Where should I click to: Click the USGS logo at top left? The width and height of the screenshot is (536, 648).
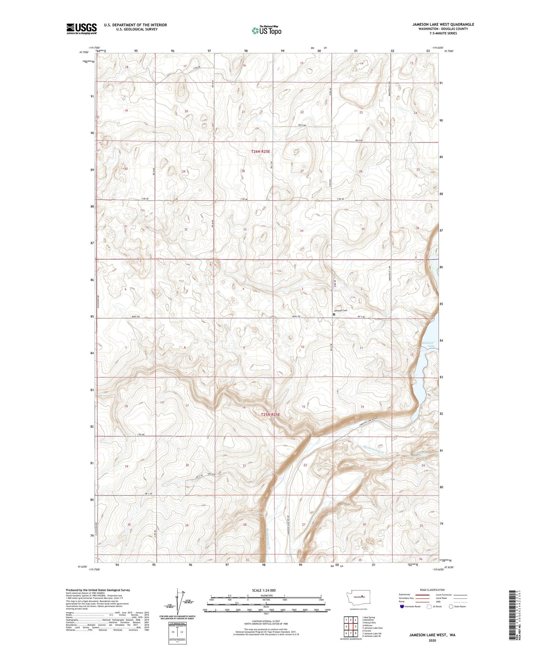point(81,29)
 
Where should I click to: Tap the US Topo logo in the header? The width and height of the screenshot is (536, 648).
point(266,31)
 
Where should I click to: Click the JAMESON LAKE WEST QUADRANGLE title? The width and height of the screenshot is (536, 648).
point(443,24)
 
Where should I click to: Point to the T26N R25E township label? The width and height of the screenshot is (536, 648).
point(260,152)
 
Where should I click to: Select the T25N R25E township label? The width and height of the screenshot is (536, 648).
point(271,415)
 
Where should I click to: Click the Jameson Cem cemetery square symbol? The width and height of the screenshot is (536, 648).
point(334,315)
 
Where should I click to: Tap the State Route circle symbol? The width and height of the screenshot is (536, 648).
point(451,607)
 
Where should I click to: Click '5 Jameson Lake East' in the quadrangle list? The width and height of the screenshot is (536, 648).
point(372,628)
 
